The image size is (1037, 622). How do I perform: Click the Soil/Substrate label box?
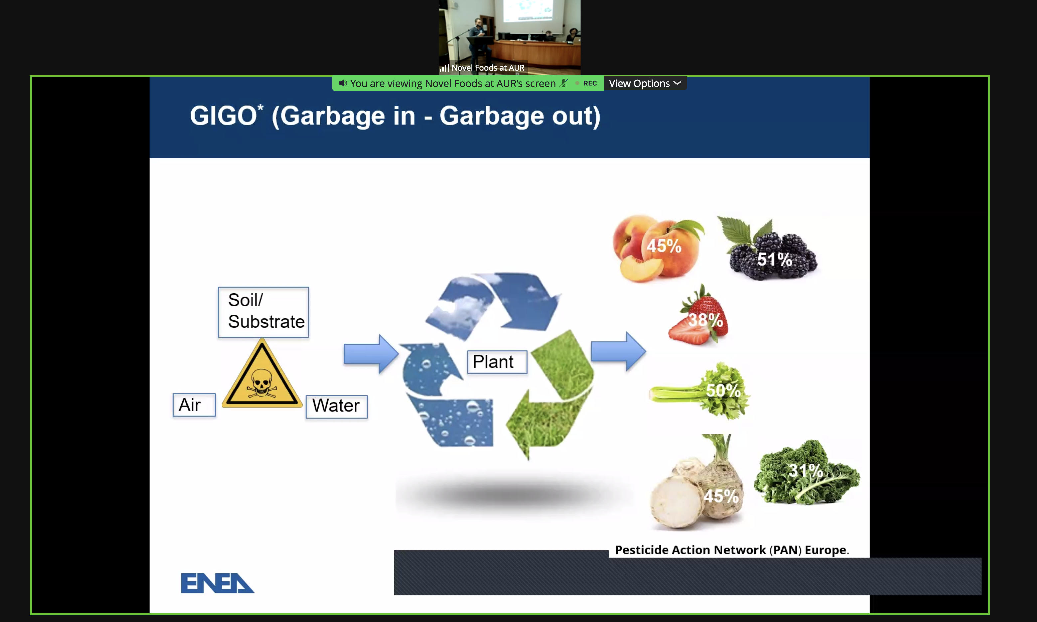click(263, 312)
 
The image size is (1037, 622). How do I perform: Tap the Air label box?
click(194, 405)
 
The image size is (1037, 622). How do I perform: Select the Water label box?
click(337, 406)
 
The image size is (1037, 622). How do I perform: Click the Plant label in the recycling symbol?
click(497, 362)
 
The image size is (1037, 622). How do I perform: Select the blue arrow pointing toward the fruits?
click(618, 351)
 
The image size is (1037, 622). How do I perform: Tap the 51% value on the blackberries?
click(774, 259)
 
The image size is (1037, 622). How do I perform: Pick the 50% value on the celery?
click(723, 390)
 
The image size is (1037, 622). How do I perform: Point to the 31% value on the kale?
click(806, 470)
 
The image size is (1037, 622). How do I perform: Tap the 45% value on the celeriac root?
click(721, 496)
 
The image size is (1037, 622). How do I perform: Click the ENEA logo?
click(218, 583)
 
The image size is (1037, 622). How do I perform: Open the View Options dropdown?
click(645, 83)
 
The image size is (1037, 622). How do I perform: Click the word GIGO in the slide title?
click(223, 116)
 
